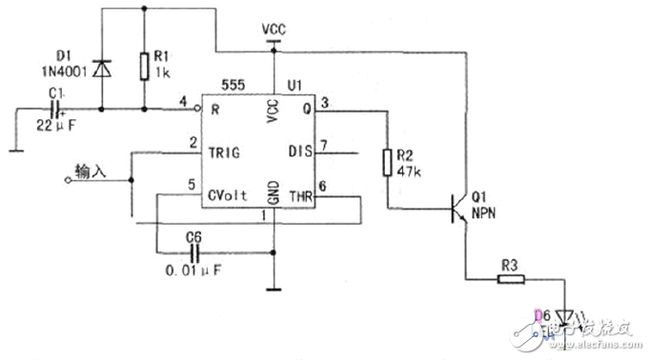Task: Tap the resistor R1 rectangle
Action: pyautogui.click(x=143, y=65)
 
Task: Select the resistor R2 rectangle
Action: pyautogui.click(x=389, y=162)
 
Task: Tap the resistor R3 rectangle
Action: pyautogui.click(x=511, y=280)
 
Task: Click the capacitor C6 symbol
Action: pyautogui.click(x=196, y=252)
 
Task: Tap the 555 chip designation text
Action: pyautogui.click(x=234, y=85)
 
